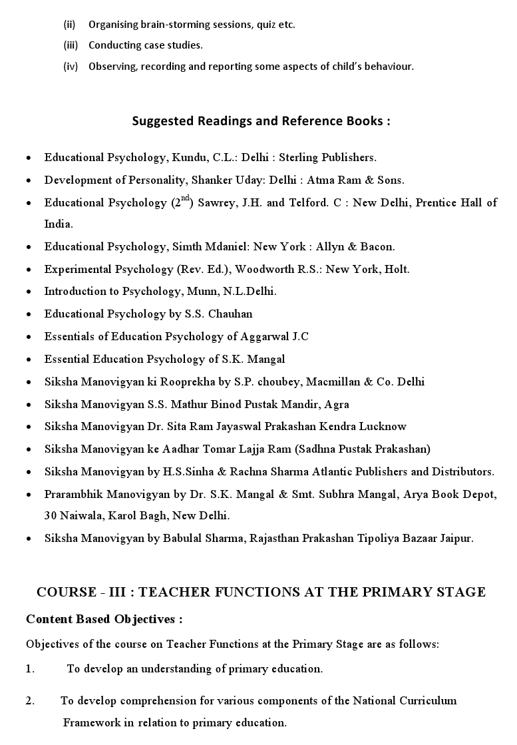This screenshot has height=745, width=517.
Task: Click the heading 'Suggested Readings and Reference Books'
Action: click(261, 121)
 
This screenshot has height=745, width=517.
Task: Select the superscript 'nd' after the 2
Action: click(186, 198)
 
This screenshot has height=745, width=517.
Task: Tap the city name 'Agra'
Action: click(337, 404)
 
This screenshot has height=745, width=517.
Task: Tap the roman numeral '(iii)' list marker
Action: click(71, 45)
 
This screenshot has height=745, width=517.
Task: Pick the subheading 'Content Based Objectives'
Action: click(104, 619)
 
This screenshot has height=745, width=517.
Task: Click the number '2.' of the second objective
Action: click(31, 700)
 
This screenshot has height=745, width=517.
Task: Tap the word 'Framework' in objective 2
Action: click(91, 722)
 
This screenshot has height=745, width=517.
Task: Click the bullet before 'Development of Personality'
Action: click(29, 181)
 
